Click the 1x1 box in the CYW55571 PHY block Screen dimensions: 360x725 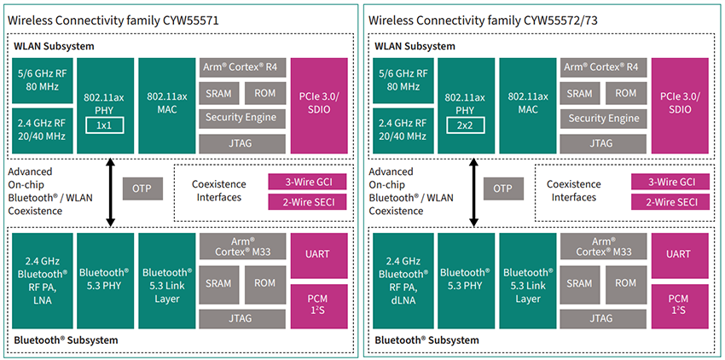pos(105,125)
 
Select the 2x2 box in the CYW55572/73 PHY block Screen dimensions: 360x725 pos(467,125)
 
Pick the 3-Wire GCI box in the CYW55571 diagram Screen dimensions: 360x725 pos(308,181)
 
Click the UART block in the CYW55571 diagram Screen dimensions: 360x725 pos(319,253)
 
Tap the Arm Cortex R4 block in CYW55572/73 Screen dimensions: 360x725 pos(603,67)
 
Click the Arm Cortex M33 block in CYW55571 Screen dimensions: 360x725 pos(241,247)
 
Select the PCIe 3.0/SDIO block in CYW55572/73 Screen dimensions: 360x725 pos(680,106)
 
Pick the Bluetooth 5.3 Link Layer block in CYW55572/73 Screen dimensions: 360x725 pos(526,281)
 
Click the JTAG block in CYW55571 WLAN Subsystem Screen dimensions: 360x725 pos(241,143)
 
